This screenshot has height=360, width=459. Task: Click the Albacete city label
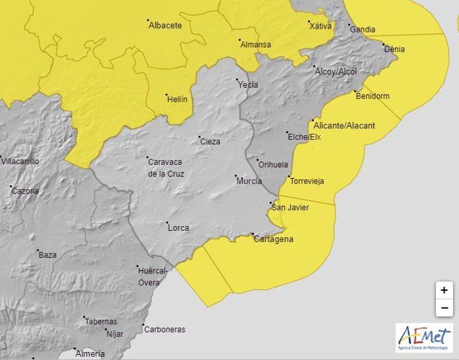[166, 25]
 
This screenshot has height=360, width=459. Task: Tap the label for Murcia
[249, 181]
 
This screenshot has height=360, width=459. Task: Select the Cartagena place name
[273, 239]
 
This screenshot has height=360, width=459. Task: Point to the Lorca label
[179, 228]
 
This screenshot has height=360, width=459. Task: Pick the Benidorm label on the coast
[373, 96]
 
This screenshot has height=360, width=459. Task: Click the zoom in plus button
[444, 290]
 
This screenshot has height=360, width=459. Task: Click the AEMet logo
[424, 337]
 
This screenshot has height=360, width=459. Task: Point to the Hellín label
[178, 99]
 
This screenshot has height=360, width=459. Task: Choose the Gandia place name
[363, 29]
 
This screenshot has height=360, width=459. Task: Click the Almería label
[90, 353]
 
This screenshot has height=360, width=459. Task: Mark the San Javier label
[291, 208]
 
